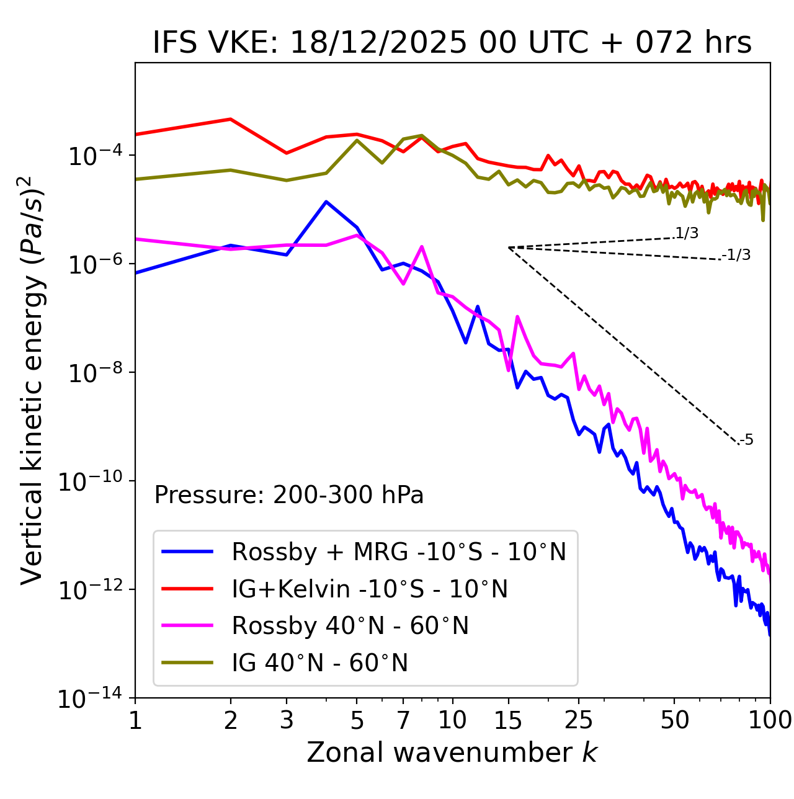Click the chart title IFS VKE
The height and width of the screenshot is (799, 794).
pos(452,43)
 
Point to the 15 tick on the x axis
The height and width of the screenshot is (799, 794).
pos(508,720)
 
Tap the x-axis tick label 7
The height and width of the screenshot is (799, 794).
pos(403,720)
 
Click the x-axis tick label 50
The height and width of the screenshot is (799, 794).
pos(675,720)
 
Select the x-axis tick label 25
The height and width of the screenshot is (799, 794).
pos(579,720)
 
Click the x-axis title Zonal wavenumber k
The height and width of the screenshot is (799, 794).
pos(452,752)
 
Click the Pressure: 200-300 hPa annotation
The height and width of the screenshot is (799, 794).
pos(289,495)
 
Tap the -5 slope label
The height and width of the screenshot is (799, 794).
pos(746,440)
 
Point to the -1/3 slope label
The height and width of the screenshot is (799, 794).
pos(736,254)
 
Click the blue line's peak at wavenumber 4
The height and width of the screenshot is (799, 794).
pos(326,202)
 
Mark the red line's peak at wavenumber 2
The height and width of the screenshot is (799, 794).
pos(231,119)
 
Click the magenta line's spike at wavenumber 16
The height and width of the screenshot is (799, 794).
pos(517,317)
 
